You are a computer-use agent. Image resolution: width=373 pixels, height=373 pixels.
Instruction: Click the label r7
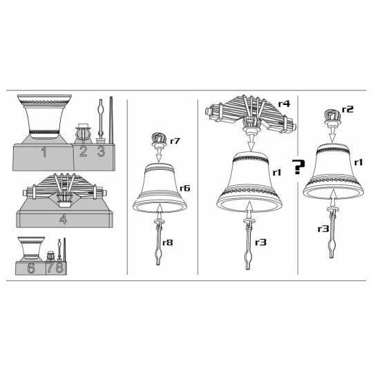coord(175,141)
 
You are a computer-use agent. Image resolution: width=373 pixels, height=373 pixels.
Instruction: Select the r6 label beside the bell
coord(185,188)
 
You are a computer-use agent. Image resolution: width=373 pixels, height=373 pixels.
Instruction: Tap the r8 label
coord(167,242)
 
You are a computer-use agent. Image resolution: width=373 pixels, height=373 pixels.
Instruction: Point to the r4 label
coord(285,104)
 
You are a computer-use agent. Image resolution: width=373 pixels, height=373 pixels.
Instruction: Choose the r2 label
coord(347,109)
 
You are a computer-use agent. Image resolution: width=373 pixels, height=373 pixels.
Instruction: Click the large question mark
coord(298,166)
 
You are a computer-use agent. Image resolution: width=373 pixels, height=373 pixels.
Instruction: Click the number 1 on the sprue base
coord(44,152)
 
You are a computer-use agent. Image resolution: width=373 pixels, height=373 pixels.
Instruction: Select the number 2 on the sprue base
coord(84,151)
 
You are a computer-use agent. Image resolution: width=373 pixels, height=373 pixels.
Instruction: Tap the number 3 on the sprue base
coord(101,151)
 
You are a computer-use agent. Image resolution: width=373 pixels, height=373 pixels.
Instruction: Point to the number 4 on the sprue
coord(63,219)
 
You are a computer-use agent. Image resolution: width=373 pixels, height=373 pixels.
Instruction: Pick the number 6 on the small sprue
coord(31,268)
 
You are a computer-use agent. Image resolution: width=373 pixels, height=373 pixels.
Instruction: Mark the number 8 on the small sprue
coord(59,267)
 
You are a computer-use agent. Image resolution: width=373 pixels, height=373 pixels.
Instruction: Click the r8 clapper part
coord(159,242)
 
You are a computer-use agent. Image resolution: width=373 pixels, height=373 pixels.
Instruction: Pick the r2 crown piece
coord(332,117)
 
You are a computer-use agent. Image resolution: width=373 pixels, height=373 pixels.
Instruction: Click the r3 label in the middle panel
coord(260,242)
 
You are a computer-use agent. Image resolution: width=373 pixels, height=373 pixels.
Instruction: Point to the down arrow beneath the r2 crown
coord(332,135)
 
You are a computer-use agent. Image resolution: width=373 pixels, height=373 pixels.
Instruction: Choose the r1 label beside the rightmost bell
coord(358,162)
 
